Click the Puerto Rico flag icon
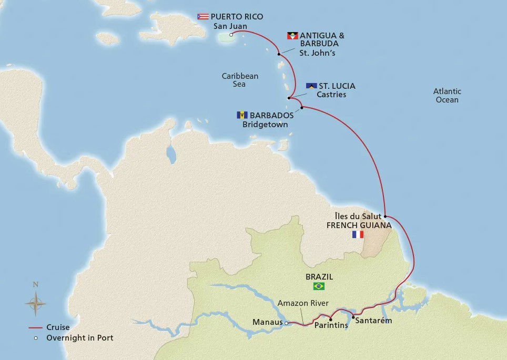coord(203,16)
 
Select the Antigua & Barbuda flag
coord(292,36)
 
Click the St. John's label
coord(317,53)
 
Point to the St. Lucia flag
coord(311,86)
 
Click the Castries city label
coord(331,95)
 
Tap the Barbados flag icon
coord(242,115)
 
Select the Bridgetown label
coord(265,125)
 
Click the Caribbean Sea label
coord(240,80)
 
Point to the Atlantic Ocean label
coord(447,95)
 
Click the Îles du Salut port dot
coord(386,216)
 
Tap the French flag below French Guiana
coord(358,234)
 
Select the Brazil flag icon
coord(319,286)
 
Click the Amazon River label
coord(303,303)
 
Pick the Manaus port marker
coord(286,323)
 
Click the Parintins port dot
coord(330,320)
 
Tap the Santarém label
coord(373,321)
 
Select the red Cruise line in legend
coord(35,327)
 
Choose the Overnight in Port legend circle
coord(35,338)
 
